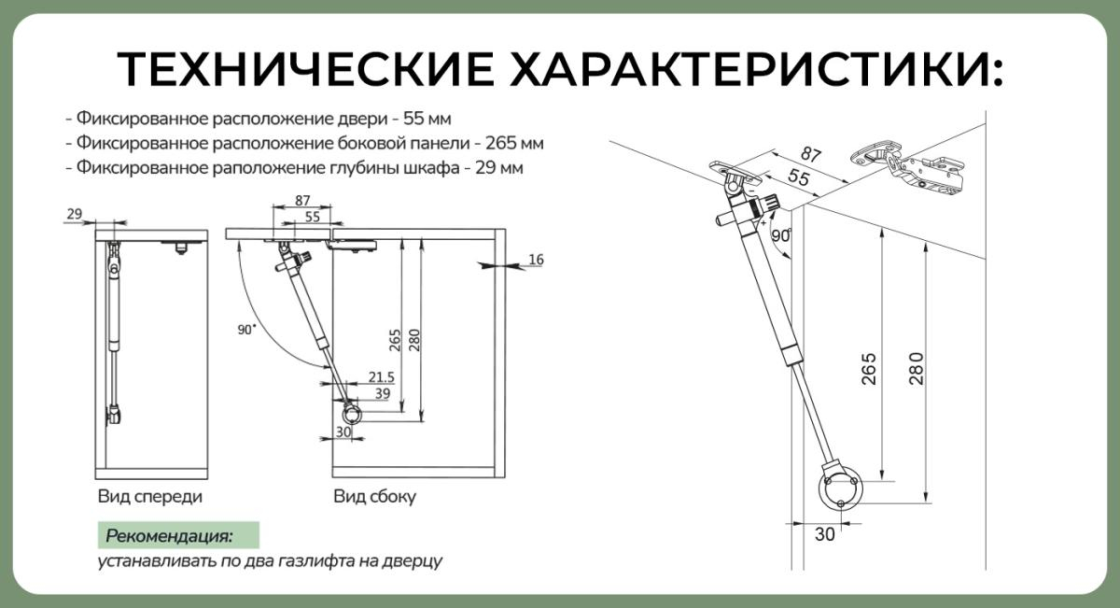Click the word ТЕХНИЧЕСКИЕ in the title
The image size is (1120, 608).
point(305,69)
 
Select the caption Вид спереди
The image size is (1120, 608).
point(149,497)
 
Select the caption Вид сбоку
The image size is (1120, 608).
point(374,497)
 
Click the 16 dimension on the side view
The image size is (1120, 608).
point(535,259)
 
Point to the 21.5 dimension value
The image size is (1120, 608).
point(381,376)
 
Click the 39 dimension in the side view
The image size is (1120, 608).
point(381,395)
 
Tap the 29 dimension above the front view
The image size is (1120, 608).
point(74,215)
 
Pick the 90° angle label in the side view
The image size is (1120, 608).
point(246,330)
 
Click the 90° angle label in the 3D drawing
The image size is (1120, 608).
point(781,236)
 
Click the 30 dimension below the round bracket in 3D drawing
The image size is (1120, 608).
point(824,535)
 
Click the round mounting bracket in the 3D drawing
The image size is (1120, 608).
point(841,488)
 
